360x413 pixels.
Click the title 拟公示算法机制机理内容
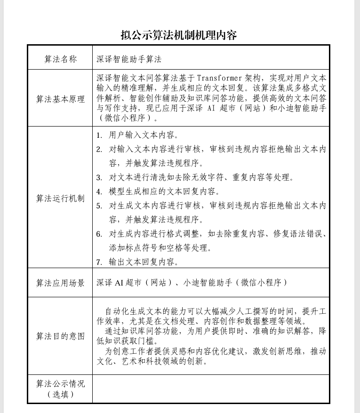tap(178, 35)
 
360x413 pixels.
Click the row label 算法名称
tap(60, 59)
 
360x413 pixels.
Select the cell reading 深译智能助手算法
tap(129, 59)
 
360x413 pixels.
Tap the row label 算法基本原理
tap(60, 99)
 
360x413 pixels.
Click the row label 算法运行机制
tap(60, 198)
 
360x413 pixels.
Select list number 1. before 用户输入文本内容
tap(99, 135)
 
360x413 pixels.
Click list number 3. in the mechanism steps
tap(99, 178)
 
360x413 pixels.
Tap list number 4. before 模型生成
tap(99, 192)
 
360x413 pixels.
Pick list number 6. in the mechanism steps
tap(99, 234)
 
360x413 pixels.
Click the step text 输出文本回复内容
tap(144, 262)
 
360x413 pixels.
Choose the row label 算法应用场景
tap(60, 283)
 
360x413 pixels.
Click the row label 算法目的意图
tap(60, 336)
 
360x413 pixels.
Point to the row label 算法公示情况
tap(60, 384)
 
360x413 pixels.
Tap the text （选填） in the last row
tap(60, 395)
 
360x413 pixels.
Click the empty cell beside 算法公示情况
tap(210, 389)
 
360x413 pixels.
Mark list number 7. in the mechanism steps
tap(99, 262)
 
